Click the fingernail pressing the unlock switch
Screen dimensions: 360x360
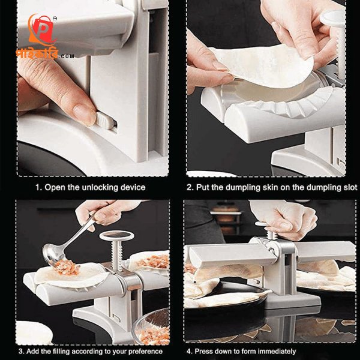click(x=85, y=115)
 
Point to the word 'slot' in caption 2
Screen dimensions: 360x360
click(x=350, y=187)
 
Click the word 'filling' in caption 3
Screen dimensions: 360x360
click(x=61, y=351)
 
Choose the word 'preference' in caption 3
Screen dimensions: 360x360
click(x=145, y=352)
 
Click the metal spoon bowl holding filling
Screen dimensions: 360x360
click(x=52, y=254)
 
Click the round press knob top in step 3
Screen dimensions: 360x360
click(x=117, y=236)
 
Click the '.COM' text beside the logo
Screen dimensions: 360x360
click(x=66, y=56)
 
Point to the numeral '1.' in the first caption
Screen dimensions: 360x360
click(x=38, y=187)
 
